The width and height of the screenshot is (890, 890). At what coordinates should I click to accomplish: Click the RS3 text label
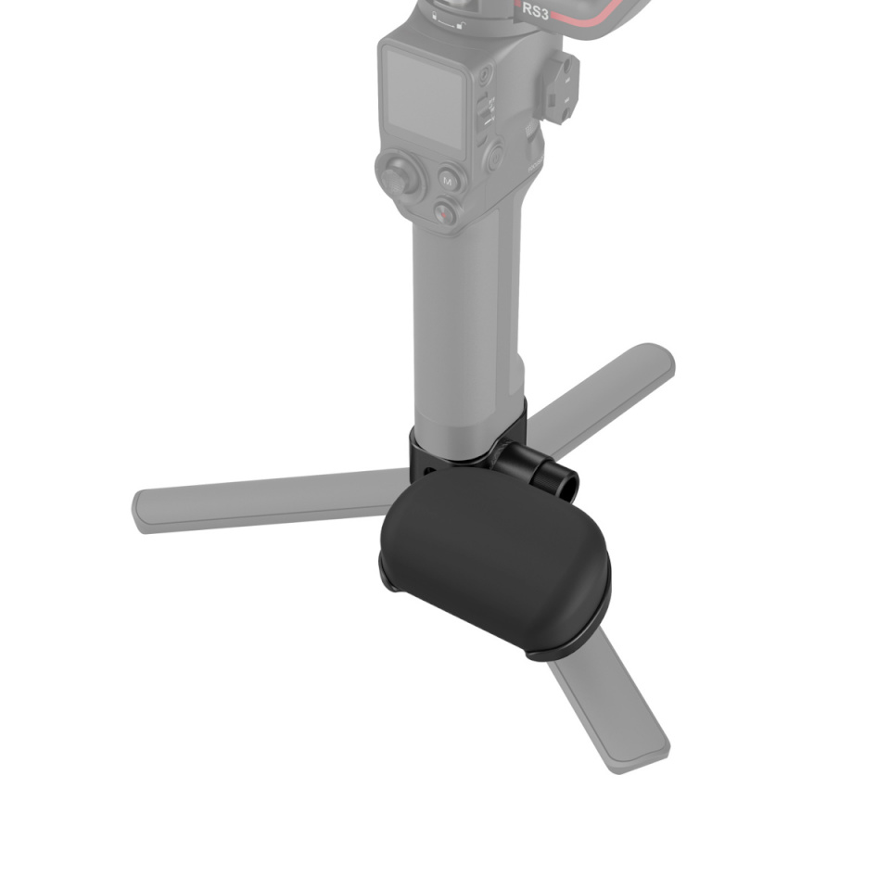coord(536,12)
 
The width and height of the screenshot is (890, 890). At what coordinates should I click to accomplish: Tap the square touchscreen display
coord(424,98)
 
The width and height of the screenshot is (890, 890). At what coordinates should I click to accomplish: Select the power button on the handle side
coord(495,155)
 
